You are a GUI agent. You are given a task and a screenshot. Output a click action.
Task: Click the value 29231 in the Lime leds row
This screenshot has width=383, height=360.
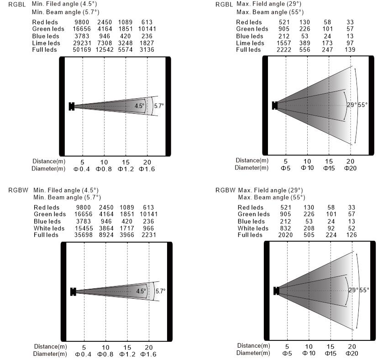coord(82,43)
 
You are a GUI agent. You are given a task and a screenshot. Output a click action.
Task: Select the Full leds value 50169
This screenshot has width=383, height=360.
coord(82,50)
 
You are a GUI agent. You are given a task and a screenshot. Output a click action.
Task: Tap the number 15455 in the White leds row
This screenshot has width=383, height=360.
coord(84,228)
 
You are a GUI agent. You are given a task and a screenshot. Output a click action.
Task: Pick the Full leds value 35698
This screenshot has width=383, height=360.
coord(84,235)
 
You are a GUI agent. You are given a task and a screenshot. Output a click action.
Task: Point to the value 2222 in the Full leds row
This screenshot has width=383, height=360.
coord(284,50)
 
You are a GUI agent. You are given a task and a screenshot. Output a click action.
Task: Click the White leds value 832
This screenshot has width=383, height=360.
coord(285,228)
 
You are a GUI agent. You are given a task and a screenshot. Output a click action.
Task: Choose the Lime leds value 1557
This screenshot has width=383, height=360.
coord(284,43)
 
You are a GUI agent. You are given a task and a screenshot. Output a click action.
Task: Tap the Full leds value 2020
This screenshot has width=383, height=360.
coord(285,235)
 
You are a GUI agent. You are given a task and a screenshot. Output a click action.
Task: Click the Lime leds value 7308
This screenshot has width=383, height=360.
coord(105,43)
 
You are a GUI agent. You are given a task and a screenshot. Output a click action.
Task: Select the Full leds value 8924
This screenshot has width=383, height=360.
coord(106,235)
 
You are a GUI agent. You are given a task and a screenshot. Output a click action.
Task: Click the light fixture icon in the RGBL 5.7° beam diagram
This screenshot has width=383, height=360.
coord(72,106)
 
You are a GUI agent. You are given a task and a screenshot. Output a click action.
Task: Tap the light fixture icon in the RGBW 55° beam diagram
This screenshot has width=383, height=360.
coord(276,291)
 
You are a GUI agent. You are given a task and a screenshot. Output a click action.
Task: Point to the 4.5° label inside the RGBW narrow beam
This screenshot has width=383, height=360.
coord(141,291)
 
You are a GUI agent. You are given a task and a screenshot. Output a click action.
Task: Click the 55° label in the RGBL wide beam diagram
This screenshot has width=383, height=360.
coord(363,105)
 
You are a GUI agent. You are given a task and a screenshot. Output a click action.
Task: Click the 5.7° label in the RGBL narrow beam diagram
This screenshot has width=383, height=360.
coord(159,106)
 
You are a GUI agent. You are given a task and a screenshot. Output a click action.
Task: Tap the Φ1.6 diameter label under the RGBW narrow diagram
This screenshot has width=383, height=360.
coord(148,354)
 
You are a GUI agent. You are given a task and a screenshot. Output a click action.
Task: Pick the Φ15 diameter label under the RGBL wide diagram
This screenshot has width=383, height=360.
coord(329,168)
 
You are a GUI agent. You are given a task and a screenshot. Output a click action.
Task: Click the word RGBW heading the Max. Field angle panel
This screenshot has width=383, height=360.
coord(225,190)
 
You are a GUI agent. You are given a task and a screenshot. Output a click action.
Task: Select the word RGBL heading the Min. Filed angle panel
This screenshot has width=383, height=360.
coord(17,5)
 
